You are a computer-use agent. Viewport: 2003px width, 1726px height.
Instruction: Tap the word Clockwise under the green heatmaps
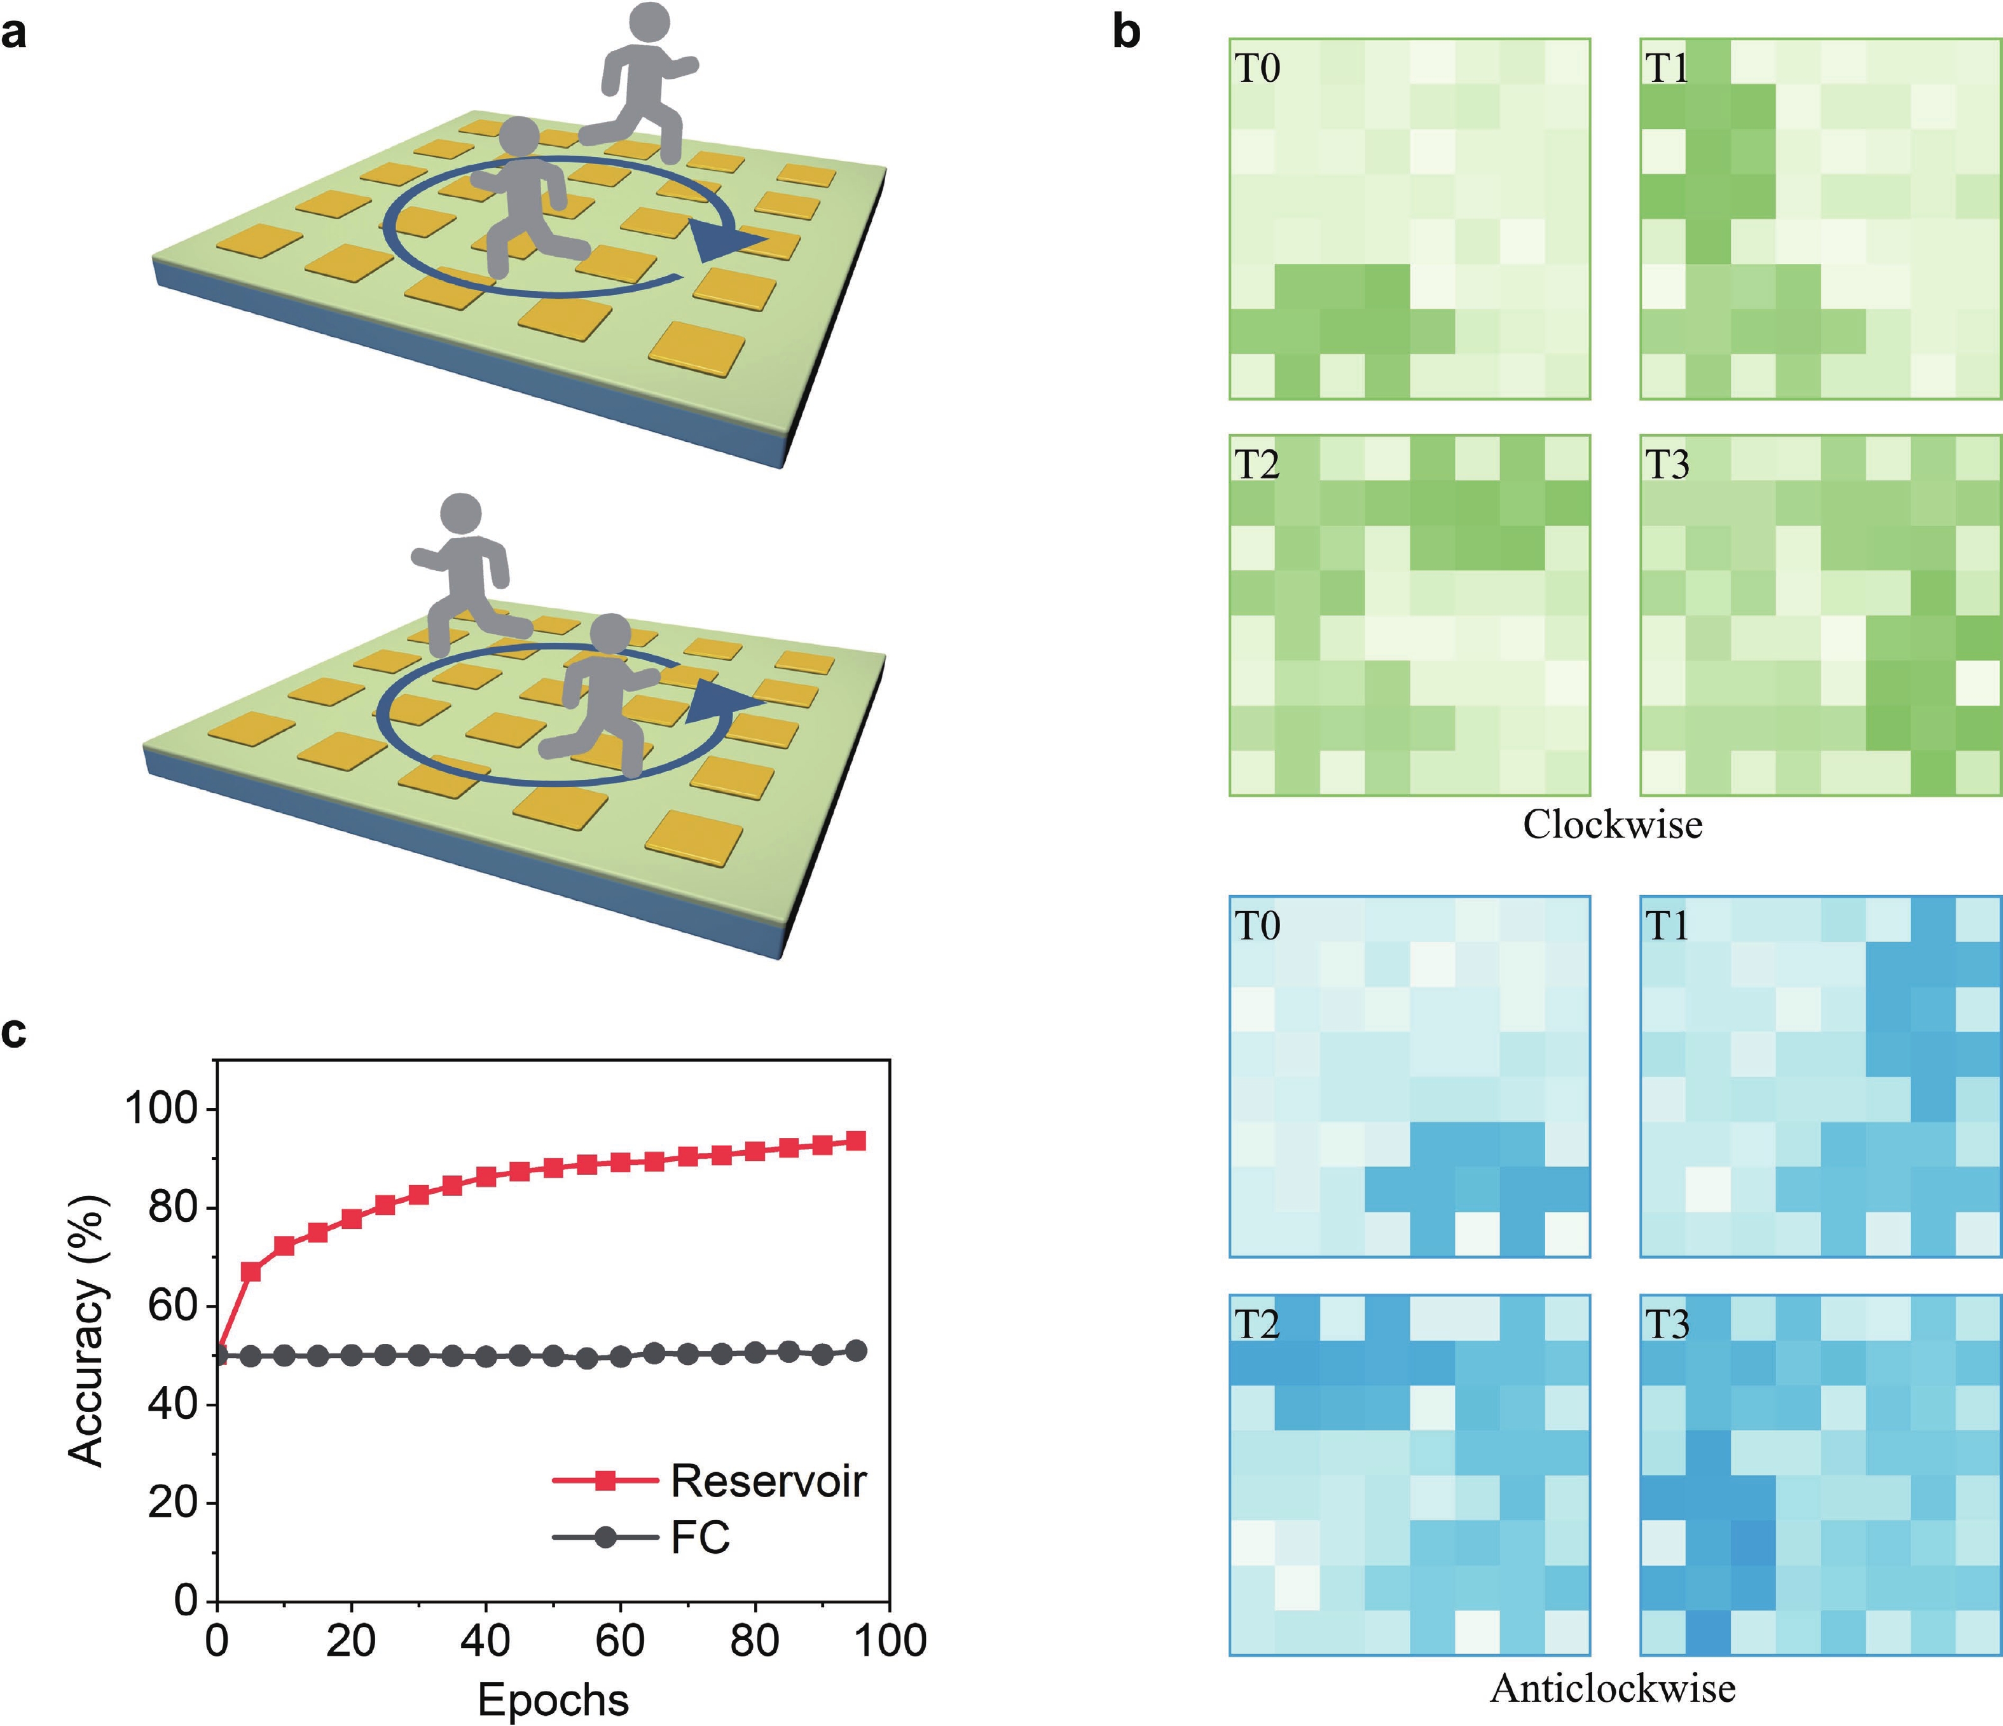tap(1613, 825)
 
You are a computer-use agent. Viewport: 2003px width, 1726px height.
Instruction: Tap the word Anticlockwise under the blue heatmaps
tap(1613, 1688)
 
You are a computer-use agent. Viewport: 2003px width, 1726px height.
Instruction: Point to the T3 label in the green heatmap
tap(1667, 466)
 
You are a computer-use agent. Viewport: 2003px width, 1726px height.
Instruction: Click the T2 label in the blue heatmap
tap(1258, 1324)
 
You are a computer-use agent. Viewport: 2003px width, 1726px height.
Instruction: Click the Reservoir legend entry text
tap(769, 1481)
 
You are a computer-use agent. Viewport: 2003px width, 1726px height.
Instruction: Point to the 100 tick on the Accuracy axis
tap(162, 1109)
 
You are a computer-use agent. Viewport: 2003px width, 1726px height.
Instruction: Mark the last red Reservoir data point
tap(855, 1140)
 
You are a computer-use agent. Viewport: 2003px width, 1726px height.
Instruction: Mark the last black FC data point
tap(855, 1351)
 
